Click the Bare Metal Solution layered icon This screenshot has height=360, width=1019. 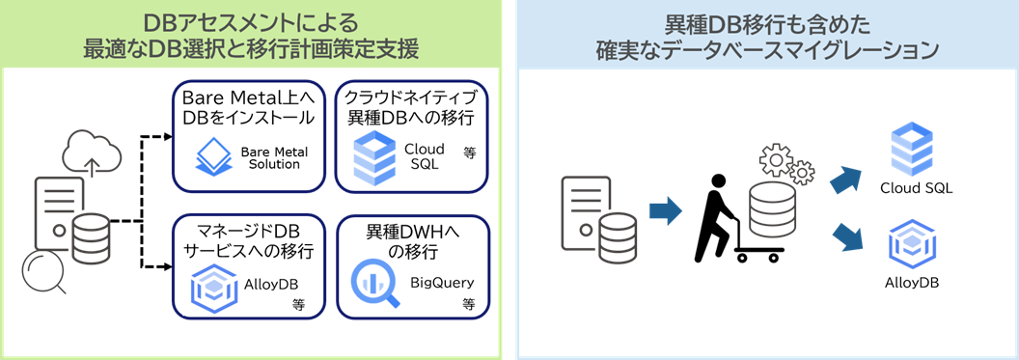tap(214, 157)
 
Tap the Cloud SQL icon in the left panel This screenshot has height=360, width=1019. tap(375, 158)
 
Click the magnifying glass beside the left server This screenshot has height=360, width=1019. tap(42, 272)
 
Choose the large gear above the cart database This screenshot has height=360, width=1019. tap(776, 160)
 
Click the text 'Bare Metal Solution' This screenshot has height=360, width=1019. tap(274, 157)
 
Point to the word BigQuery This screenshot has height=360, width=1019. tap(443, 284)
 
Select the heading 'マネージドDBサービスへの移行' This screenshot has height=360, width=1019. tap(249, 240)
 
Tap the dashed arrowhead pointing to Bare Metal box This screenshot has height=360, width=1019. tap(168, 136)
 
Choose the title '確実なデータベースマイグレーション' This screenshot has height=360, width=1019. tap(767, 51)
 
